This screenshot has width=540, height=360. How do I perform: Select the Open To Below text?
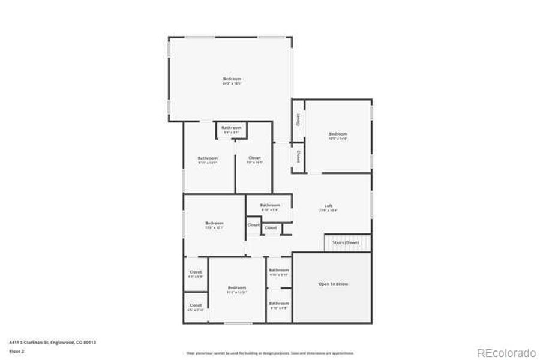333,284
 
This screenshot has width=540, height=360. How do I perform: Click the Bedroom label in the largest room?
232,79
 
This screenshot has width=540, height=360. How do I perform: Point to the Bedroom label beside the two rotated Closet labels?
338,134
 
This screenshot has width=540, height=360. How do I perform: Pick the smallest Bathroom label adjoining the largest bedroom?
231,128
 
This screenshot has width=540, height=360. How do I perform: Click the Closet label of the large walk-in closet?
254,158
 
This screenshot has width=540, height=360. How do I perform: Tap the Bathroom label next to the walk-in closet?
208,158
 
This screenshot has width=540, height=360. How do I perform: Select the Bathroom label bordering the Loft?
270,205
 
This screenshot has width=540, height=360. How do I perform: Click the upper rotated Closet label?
298,120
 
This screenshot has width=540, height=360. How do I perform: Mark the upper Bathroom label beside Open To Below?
278,270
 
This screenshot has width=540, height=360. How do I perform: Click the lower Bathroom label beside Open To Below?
278,304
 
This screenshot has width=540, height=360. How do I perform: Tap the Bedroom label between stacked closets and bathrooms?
237,288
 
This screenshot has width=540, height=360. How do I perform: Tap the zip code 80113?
90,342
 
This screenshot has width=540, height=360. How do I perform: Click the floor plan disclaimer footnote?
270,353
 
